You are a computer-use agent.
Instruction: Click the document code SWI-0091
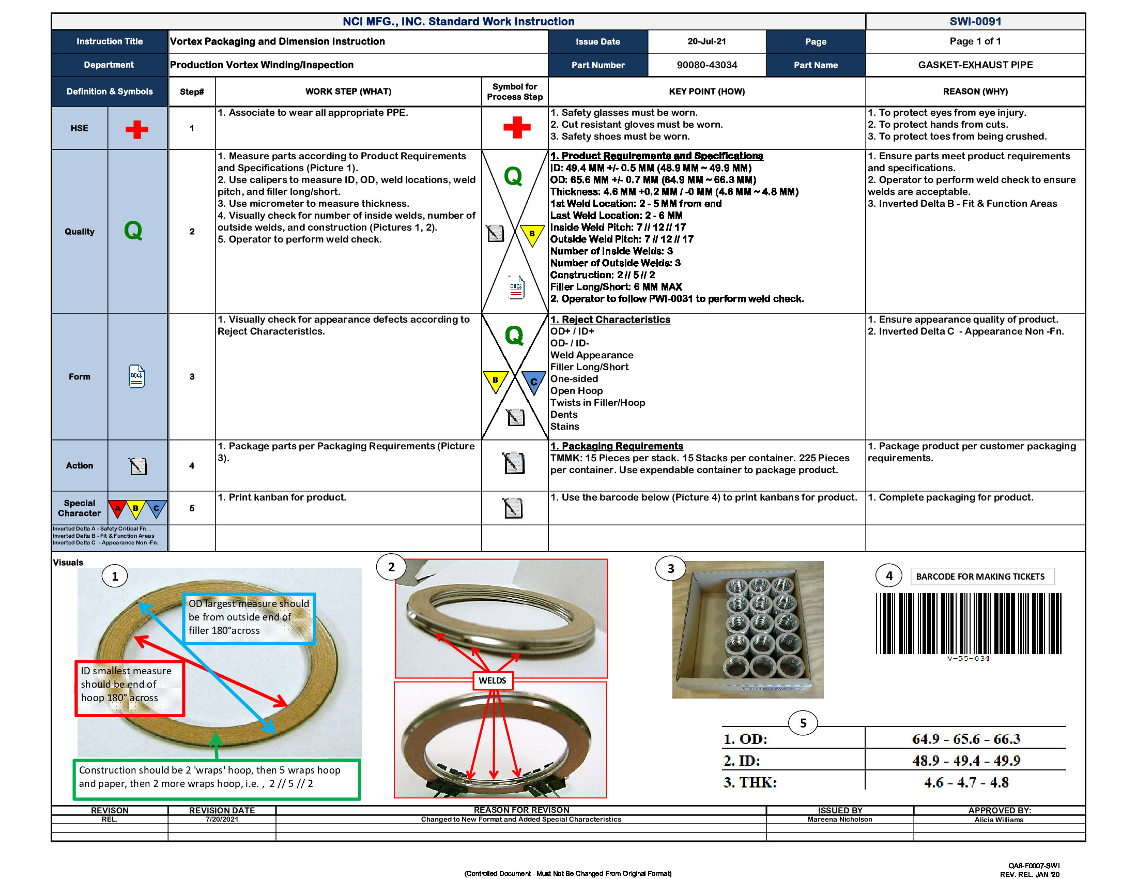tap(975, 21)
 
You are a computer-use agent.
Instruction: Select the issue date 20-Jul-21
tap(706, 41)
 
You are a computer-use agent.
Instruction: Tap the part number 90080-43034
tap(706, 65)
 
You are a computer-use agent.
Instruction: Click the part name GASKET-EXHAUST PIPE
tap(975, 65)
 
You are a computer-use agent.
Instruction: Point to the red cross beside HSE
tap(137, 129)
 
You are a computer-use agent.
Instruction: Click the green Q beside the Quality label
tap(133, 230)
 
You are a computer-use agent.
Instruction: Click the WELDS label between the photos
tap(492, 680)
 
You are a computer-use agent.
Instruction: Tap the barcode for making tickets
tap(968, 624)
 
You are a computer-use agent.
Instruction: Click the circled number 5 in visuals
tap(803, 723)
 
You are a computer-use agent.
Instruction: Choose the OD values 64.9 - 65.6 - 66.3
tap(966, 739)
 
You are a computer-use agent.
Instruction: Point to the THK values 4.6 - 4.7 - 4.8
tap(966, 782)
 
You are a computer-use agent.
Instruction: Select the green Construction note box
tap(216, 779)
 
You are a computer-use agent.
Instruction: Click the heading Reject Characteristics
tap(610, 320)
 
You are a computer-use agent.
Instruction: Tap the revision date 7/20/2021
tap(222, 819)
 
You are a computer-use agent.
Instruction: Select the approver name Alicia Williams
tap(998, 820)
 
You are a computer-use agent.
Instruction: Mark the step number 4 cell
tap(192, 465)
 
